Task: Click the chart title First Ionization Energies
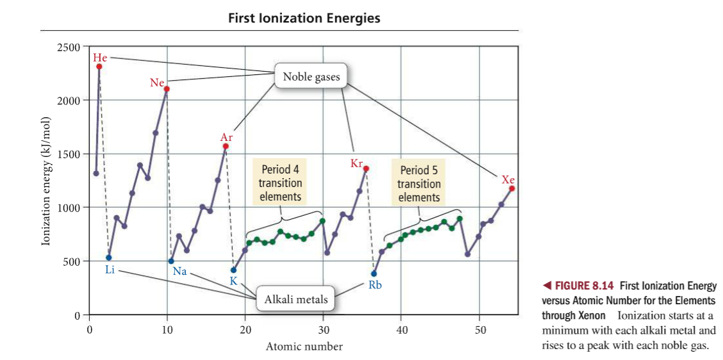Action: point(304,18)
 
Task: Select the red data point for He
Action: point(99,66)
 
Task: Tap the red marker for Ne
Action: point(167,89)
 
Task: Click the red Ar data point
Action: point(226,146)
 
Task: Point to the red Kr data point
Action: point(367,168)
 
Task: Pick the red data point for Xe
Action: point(512,188)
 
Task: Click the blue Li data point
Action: point(109,258)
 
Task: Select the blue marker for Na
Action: point(171,261)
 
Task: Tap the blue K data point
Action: point(233,270)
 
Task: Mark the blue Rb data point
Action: point(374,274)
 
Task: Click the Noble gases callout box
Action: point(311,77)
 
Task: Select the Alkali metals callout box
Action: point(292,299)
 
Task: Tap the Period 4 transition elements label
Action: point(280,183)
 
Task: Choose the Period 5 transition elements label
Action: point(419,184)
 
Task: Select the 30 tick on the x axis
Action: point(323,329)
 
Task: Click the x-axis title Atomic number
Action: point(304,347)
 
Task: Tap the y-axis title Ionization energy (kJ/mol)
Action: point(46,182)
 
